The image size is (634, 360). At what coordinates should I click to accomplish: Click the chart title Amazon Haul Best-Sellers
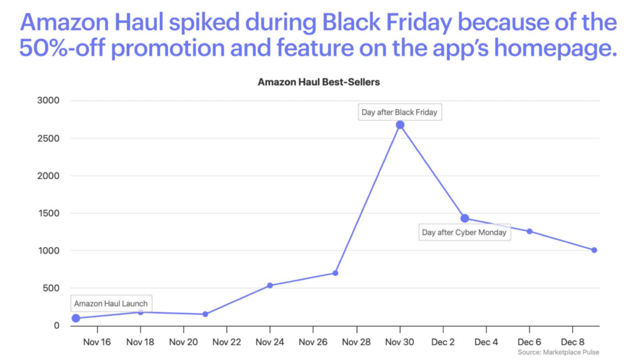[x=319, y=82]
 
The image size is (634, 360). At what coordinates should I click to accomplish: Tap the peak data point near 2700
[x=400, y=125]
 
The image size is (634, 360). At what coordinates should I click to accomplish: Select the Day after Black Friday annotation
[x=400, y=112]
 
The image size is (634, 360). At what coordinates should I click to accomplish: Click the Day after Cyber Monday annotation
[x=464, y=232]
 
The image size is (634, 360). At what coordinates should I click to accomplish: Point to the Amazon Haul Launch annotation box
[x=111, y=304]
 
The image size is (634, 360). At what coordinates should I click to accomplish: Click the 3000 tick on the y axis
[x=48, y=101]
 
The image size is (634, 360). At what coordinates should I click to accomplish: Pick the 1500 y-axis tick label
[x=48, y=213]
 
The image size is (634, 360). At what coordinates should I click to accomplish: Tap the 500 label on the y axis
[x=51, y=288]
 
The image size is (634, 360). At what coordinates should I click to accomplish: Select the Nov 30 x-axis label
[x=400, y=341]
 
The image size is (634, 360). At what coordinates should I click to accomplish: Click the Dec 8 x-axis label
[x=572, y=341]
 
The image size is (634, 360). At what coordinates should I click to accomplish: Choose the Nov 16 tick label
[x=97, y=341]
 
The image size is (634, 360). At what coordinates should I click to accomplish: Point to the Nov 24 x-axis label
[x=269, y=341]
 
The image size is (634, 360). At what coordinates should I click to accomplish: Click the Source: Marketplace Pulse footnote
[x=558, y=352]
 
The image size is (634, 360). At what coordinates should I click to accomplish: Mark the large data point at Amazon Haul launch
[x=76, y=318]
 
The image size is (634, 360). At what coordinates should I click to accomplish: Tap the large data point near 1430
[x=465, y=218]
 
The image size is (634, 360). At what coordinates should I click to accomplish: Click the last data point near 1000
[x=594, y=250]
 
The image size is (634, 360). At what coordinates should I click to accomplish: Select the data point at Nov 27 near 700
[x=335, y=273]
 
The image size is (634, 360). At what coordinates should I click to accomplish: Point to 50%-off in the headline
[x=61, y=49]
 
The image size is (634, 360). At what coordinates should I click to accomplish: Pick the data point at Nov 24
[x=270, y=285]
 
